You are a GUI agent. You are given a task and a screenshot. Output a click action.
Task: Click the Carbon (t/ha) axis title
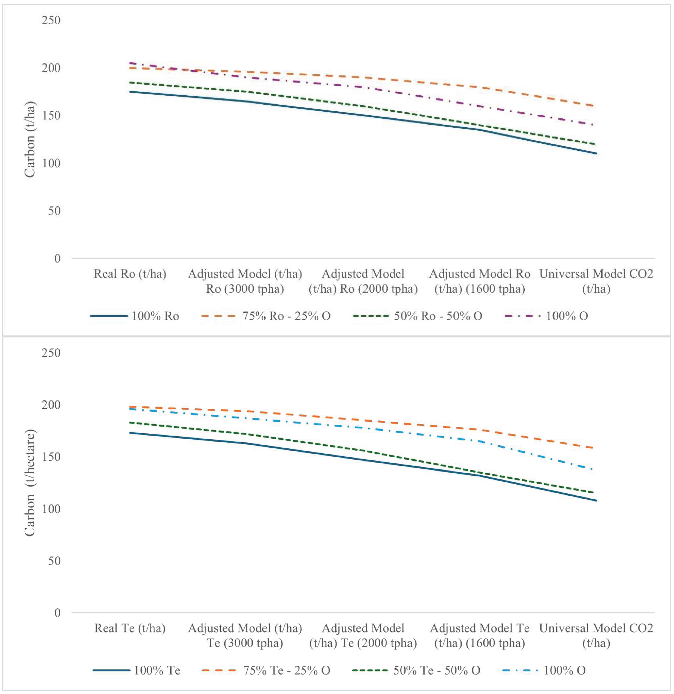[x=30, y=139]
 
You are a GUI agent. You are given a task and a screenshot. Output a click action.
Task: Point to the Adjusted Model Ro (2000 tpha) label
[x=363, y=281]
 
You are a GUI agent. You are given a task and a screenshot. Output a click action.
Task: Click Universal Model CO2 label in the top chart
[x=596, y=281]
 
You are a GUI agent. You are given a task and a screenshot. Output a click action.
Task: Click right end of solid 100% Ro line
[x=596, y=154]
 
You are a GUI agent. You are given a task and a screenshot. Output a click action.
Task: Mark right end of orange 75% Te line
[x=596, y=448]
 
